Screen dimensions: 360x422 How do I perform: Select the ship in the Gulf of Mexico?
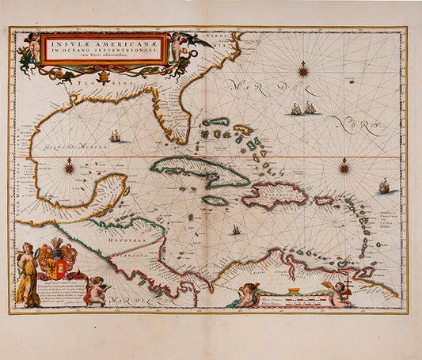[x=116, y=137]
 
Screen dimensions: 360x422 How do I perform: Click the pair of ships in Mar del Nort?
[x=302, y=108]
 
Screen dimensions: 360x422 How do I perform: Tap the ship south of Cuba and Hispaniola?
[x=235, y=229]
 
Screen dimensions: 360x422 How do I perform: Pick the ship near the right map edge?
[x=385, y=186]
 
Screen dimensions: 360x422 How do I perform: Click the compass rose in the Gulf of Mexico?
[x=70, y=167]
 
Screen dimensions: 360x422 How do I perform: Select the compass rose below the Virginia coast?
[x=303, y=71]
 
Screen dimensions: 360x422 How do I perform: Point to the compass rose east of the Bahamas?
[x=344, y=168]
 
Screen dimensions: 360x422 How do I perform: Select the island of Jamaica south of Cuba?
[x=215, y=201]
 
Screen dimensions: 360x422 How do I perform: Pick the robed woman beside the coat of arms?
[x=27, y=274]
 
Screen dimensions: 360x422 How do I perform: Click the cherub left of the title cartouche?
[x=32, y=48]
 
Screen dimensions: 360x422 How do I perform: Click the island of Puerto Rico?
[x=325, y=201]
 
